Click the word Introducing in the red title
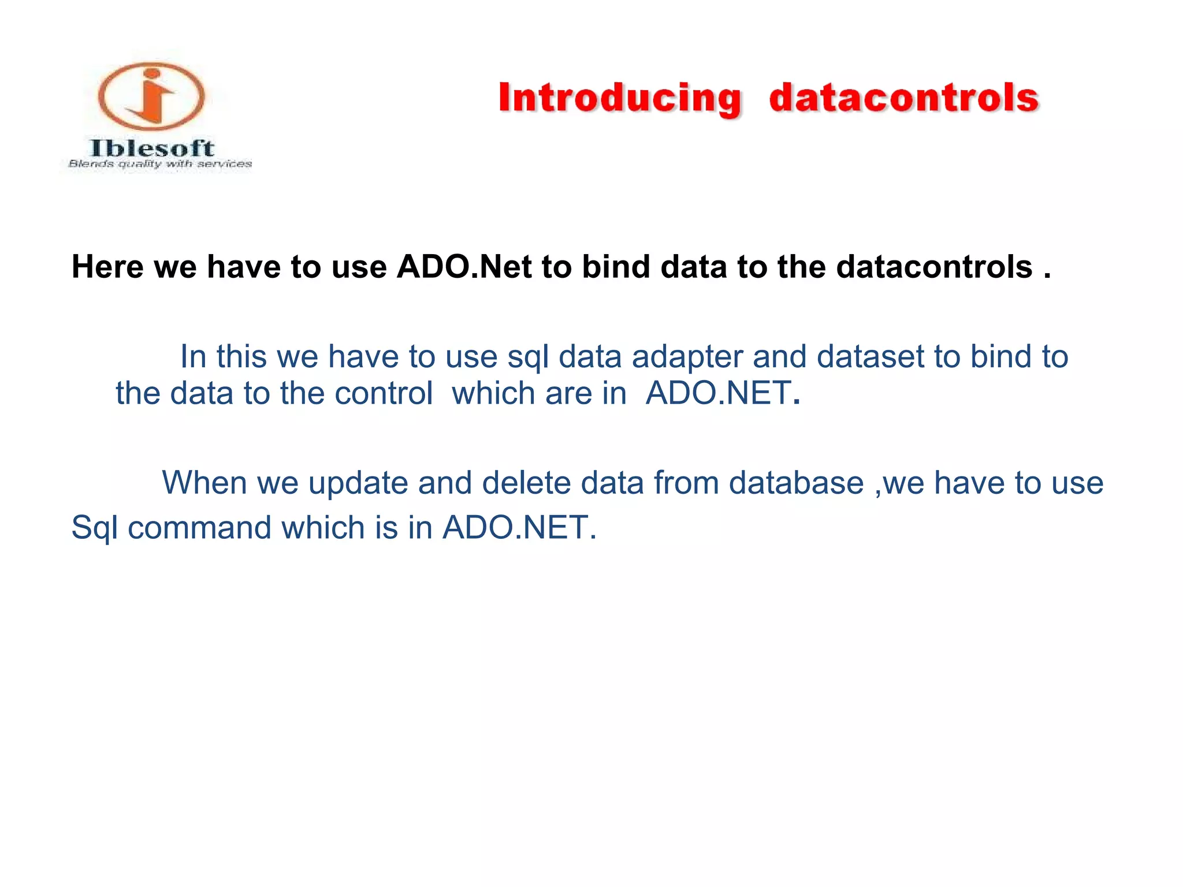(619, 98)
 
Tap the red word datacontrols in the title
(904, 98)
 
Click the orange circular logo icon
(151, 96)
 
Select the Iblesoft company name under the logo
(152, 148)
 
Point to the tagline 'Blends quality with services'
(160, 164)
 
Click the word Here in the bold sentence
(107, 267)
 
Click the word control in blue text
(384, 393)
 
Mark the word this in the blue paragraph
(241, 356)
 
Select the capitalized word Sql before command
(94, 527)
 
